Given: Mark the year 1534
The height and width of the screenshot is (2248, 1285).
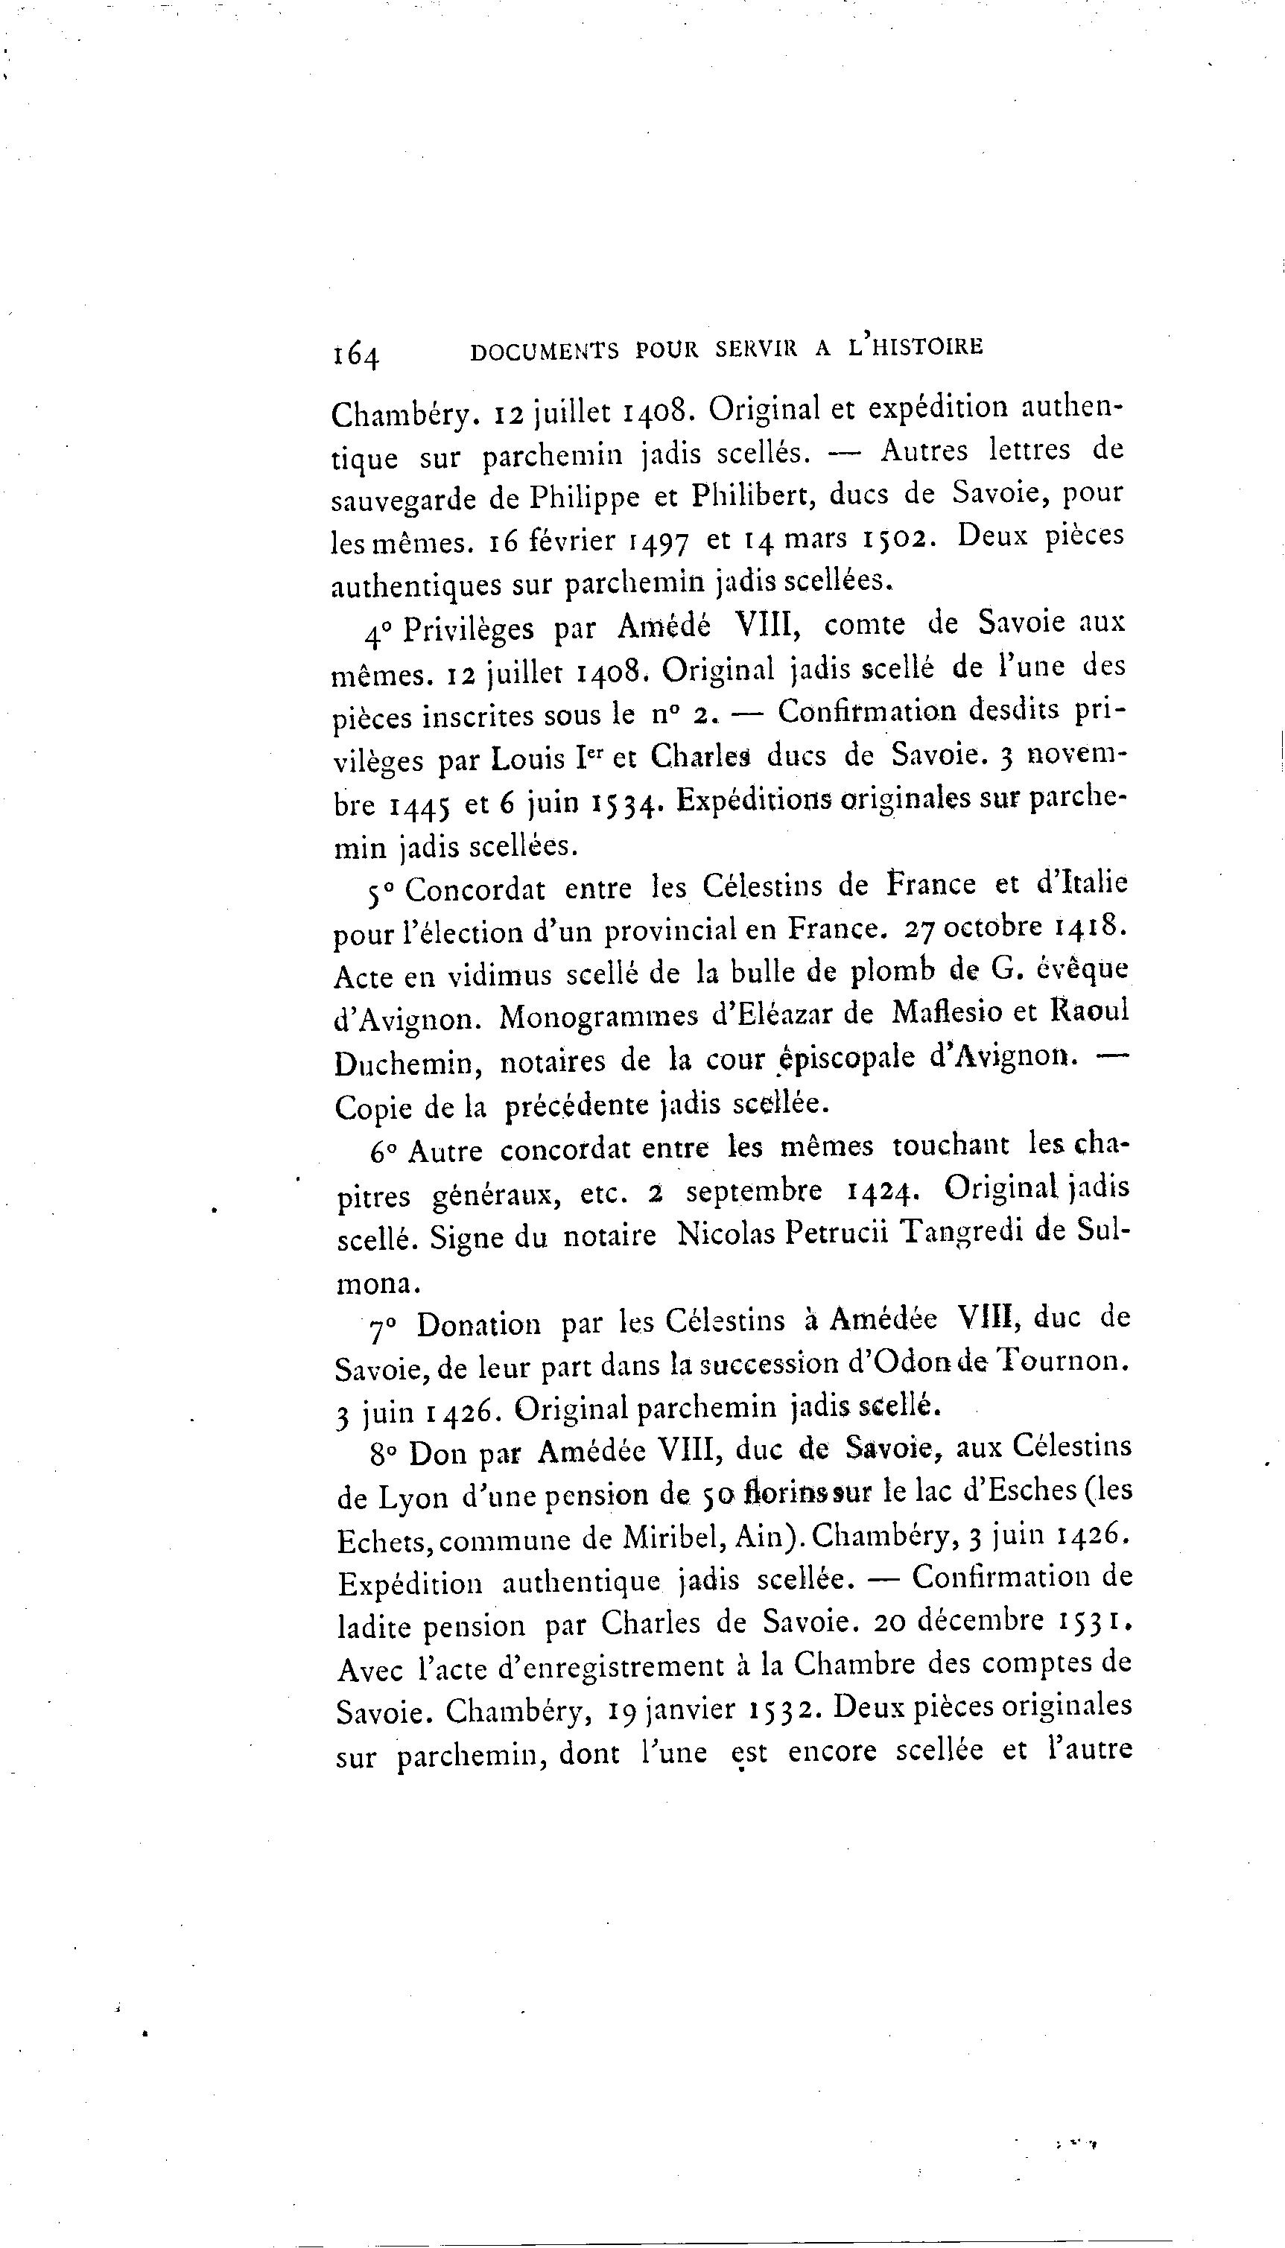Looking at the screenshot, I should [x=623, y=803].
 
